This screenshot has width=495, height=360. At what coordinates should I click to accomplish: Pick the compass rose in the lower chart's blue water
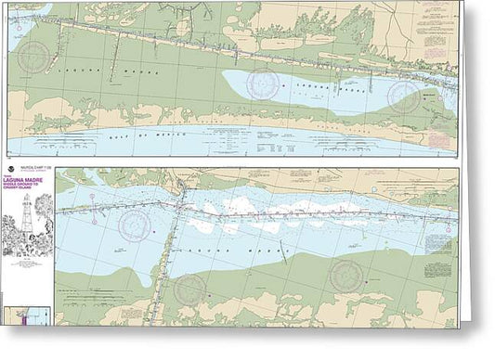135,223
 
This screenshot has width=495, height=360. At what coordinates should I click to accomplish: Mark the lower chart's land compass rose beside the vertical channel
190,289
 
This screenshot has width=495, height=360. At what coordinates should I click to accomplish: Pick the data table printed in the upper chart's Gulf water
247,139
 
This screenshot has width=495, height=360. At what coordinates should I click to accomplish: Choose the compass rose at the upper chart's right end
405,93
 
